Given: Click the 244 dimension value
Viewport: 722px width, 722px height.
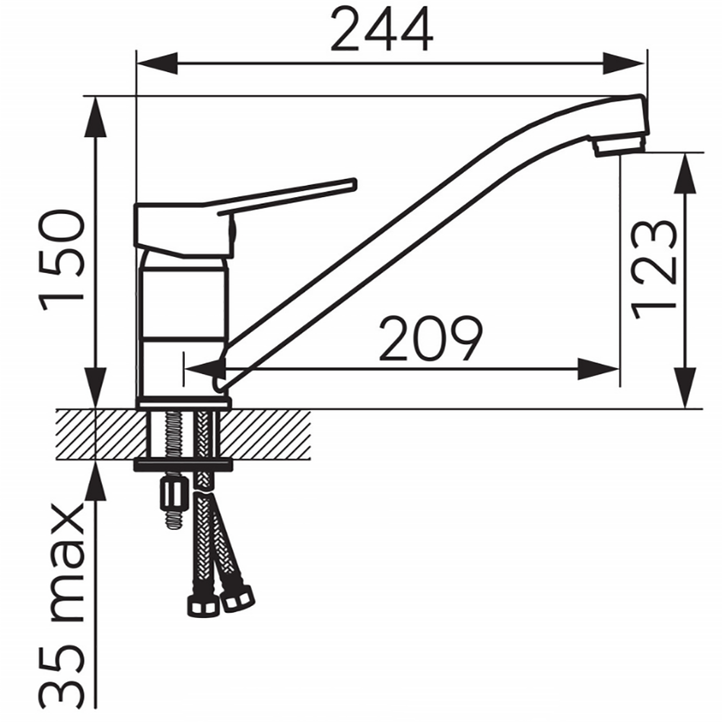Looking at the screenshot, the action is pyautogui.click(x=382, y=30).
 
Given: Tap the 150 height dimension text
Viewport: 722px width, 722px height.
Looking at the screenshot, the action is pyautogui.click(x=62, y=260).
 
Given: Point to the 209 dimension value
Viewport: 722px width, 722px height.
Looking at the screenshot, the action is pyautogui.click(x=430, y=339).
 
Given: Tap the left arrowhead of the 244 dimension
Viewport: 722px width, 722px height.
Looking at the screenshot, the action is pyautogui.click(x=157, y=63).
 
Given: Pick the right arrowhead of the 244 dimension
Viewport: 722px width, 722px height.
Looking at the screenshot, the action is pyautogui.click(x=623, y=63).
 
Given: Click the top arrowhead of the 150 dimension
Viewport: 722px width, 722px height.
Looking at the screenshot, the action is pyautogui.click(x=96, y=116).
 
